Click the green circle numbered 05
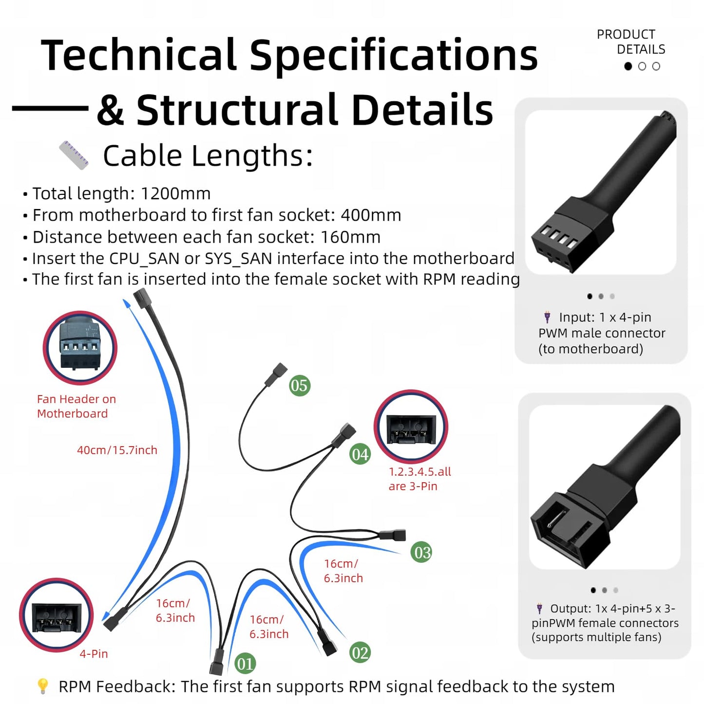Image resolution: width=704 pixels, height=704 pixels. pyautogui.click(x=299, y=385)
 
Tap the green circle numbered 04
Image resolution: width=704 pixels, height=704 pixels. pyautogui.click(x=360, y=454)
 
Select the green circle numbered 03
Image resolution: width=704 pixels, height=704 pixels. pyautogui.click(x=421, y=552)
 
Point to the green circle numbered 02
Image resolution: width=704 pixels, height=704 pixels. pyautogui.click(x=360, y=652)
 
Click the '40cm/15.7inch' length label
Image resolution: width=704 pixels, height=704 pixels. pyautogui.click(x=117, y=450)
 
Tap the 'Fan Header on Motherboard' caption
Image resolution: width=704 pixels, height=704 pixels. pyautogui.click(x=76, y=406)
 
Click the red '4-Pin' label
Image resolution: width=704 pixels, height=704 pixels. pyautogui.click(x=94, y=654)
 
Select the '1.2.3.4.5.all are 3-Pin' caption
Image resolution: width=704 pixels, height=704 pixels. pyautogui.click(x=420, y=478)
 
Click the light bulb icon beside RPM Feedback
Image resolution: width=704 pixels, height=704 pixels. pyautogui.click(x=43, y=686)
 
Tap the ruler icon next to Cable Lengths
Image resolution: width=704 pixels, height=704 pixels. pyautogui.click(x=74, y=155)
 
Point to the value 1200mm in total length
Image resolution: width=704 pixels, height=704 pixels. pyautogui.click(x=176, y=193)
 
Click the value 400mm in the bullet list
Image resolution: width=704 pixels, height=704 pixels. pyautogui.click(x=371, y=215)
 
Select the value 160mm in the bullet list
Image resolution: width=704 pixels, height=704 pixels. pyautogui.click(x=351, y=237)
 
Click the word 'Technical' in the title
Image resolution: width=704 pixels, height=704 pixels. pyautogui.click(x=139, y=55)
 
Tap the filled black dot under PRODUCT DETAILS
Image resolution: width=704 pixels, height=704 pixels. pyautogui.click(x=628, y=66)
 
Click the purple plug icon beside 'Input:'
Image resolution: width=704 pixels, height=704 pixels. pyautogui.click(x=547, y=317)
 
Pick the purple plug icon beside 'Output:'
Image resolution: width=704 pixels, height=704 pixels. pyautogui.click(x=539, y=609)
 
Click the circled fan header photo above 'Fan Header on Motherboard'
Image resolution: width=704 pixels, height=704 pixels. pyautogui.click(x=80, y=348)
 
